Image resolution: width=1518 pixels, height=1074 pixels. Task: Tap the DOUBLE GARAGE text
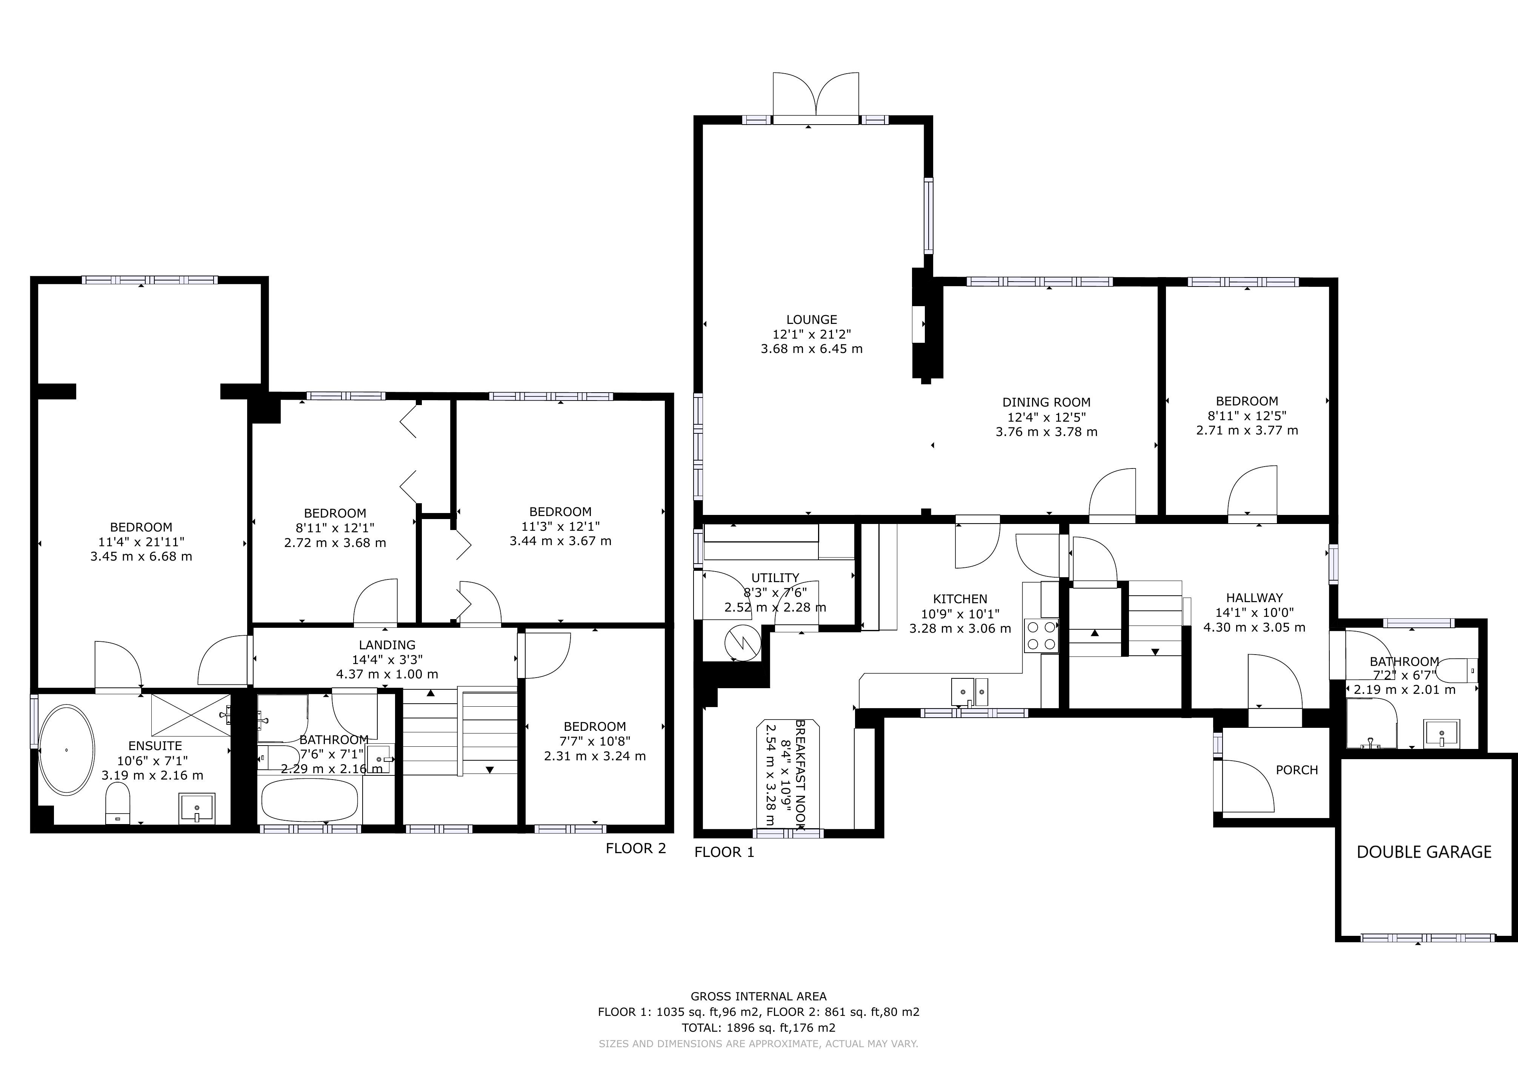click(x=1423, y=852)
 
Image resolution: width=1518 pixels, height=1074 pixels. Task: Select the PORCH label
click(x=1297, y=770)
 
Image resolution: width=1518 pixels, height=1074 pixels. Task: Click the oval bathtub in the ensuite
click(x=66, y=750)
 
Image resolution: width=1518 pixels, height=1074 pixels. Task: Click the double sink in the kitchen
click(x=969, y=692)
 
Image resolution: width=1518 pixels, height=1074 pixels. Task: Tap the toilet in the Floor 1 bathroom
click(x=1459, y=670)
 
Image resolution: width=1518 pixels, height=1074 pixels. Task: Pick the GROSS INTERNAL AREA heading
click(x=758, y=996)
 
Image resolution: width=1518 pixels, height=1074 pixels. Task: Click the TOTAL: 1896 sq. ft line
click(x=758, y=1028)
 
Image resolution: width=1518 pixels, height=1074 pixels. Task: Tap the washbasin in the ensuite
click(x=196, y=808)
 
